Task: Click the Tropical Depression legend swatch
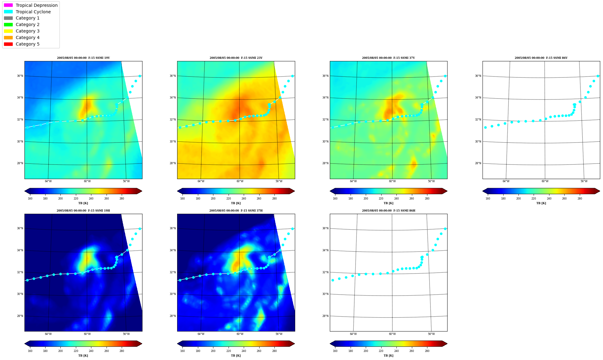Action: [8, 5]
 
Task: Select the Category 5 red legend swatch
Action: [8, 44]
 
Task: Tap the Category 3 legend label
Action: [28, 31]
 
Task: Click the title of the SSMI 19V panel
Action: [83, 58]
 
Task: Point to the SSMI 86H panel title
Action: [389, 211]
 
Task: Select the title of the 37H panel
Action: [236, 211]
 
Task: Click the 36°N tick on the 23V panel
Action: [173, 76]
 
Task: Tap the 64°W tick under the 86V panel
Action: [506, 181]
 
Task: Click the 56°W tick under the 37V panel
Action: [431, 181]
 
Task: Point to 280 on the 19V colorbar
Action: [122, 199]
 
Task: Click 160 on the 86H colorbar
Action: [335, 351]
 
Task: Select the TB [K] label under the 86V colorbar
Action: [541, 203]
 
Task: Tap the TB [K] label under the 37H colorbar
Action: [236, 356]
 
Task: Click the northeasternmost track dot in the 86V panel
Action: [598, 76]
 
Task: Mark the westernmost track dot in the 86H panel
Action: [333, 280]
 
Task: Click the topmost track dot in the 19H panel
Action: [140, 229]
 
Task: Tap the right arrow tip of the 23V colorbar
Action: [295, 191]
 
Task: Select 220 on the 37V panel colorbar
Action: [381, 199]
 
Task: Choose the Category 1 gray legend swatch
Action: [8, 18]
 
